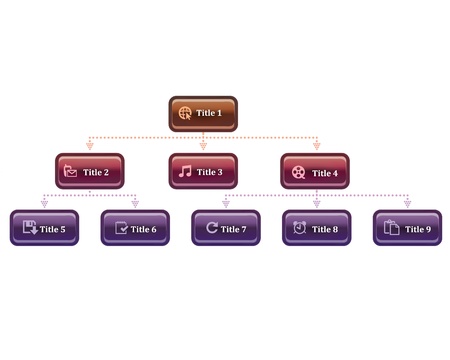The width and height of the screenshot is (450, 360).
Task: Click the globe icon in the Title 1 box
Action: pyautogui.click(x=185, y=113)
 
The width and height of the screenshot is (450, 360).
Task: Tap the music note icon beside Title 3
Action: pyautogui.click(x=185, y=171)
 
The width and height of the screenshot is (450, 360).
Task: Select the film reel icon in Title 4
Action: pyautogui.click(x=298, y=172)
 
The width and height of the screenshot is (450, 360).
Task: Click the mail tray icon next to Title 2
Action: pyautogui.click(x=71, y=171)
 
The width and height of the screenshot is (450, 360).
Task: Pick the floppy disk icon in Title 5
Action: pyautogui.click(x=29, y=229)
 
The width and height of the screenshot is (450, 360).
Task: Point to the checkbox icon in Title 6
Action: pyautogui.click(x=121, y=229)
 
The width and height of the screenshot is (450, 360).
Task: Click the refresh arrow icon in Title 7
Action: pyautogui.click(x=211, y=229)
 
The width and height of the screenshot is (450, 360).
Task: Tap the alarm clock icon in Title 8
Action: pyautogui.click(x=299, y=229)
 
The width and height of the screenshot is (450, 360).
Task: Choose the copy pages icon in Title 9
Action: pyautogui.click(x=392, y=229)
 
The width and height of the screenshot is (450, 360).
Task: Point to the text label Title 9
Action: pyautogui.click(x=417, y=229)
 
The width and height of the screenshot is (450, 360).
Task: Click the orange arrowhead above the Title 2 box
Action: pyautogui.click(x=90, y=146)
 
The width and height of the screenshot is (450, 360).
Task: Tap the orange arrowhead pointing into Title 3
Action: pyautogui.click(x=203, y=146)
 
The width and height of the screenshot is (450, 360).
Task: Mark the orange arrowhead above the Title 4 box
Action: pyautogui.click(x=316, y=146)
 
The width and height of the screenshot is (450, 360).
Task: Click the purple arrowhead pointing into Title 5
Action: pyautogui.click(x=44, y=204)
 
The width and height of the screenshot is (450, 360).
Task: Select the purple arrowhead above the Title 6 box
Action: pyautogui.click(x=135, y=204)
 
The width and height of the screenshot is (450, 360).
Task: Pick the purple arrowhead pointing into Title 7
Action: pyautogui.click(x=226, y=204)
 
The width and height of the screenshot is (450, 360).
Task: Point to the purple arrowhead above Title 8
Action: pyautogui.click(x=316, y=204)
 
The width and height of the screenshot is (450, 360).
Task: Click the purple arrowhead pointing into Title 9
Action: pyautogui.click(x=407, y=204)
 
